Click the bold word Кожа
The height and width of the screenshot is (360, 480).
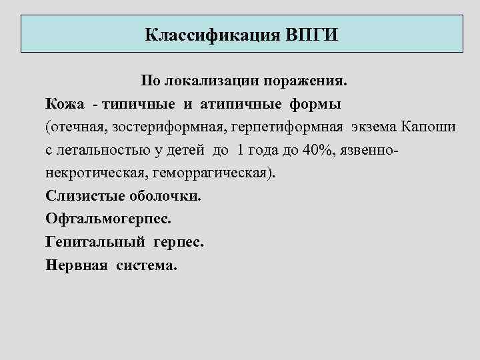coord(65,104)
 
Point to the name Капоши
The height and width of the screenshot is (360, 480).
coord(433,127)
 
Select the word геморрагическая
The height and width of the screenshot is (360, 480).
coord(213,173)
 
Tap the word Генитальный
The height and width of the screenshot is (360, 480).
coord(97,241)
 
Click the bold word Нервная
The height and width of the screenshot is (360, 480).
coord(77,265)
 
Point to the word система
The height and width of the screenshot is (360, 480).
coord(147,265)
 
